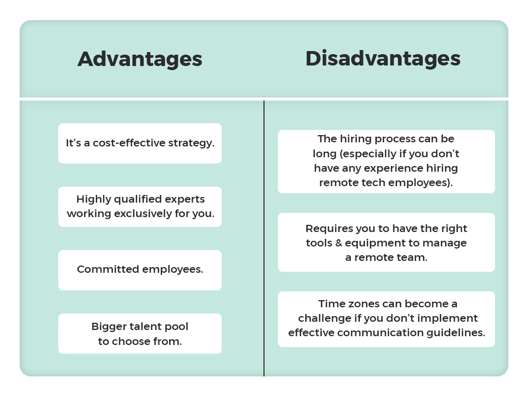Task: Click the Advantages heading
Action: click(140, 60)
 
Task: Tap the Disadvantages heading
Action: click(383, 58)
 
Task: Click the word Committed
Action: click(108, 269)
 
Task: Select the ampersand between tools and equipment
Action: click(338, 243)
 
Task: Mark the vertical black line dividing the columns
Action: click(264, 238)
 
